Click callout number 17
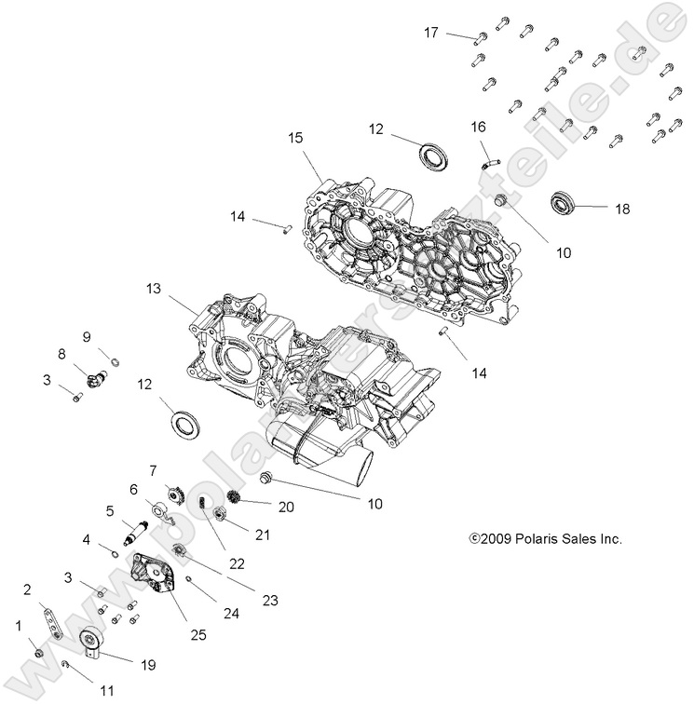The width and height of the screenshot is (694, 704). (x=431, y=33)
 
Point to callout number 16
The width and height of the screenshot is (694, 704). (x=478, y=126)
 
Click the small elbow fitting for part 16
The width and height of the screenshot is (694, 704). (x=490, y=160)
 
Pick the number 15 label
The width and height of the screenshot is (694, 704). (x=295, y=138)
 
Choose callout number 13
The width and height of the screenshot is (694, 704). (x=154, y=290)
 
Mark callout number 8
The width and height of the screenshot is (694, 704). (x=63, y=354)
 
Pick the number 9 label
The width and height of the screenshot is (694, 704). (x=86, y=336)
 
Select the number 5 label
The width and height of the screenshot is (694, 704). (x=109, y=510)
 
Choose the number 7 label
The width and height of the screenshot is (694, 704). (x=153, y=470)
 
